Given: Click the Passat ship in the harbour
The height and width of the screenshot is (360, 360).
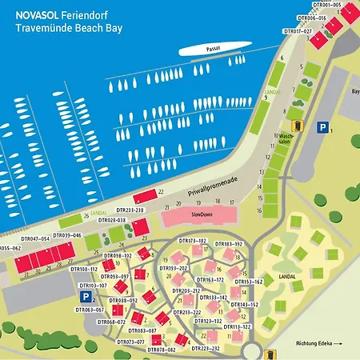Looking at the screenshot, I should click(x=210, y=50).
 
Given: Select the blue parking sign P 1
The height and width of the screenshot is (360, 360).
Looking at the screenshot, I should click(x=322, y=126).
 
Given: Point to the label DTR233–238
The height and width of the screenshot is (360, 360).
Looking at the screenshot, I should click(x=129, y=210).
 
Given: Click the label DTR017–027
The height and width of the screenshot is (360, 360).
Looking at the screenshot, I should click(x=298, y=31).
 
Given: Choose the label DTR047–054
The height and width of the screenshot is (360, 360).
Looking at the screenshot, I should click(x=35, y=238).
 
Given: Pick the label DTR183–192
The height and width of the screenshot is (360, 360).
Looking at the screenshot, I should click(x=228, y=243).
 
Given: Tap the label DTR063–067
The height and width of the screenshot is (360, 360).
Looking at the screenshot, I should click(x=89, y=310).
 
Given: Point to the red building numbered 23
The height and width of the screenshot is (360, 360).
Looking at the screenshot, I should click(x=141, y=229).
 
